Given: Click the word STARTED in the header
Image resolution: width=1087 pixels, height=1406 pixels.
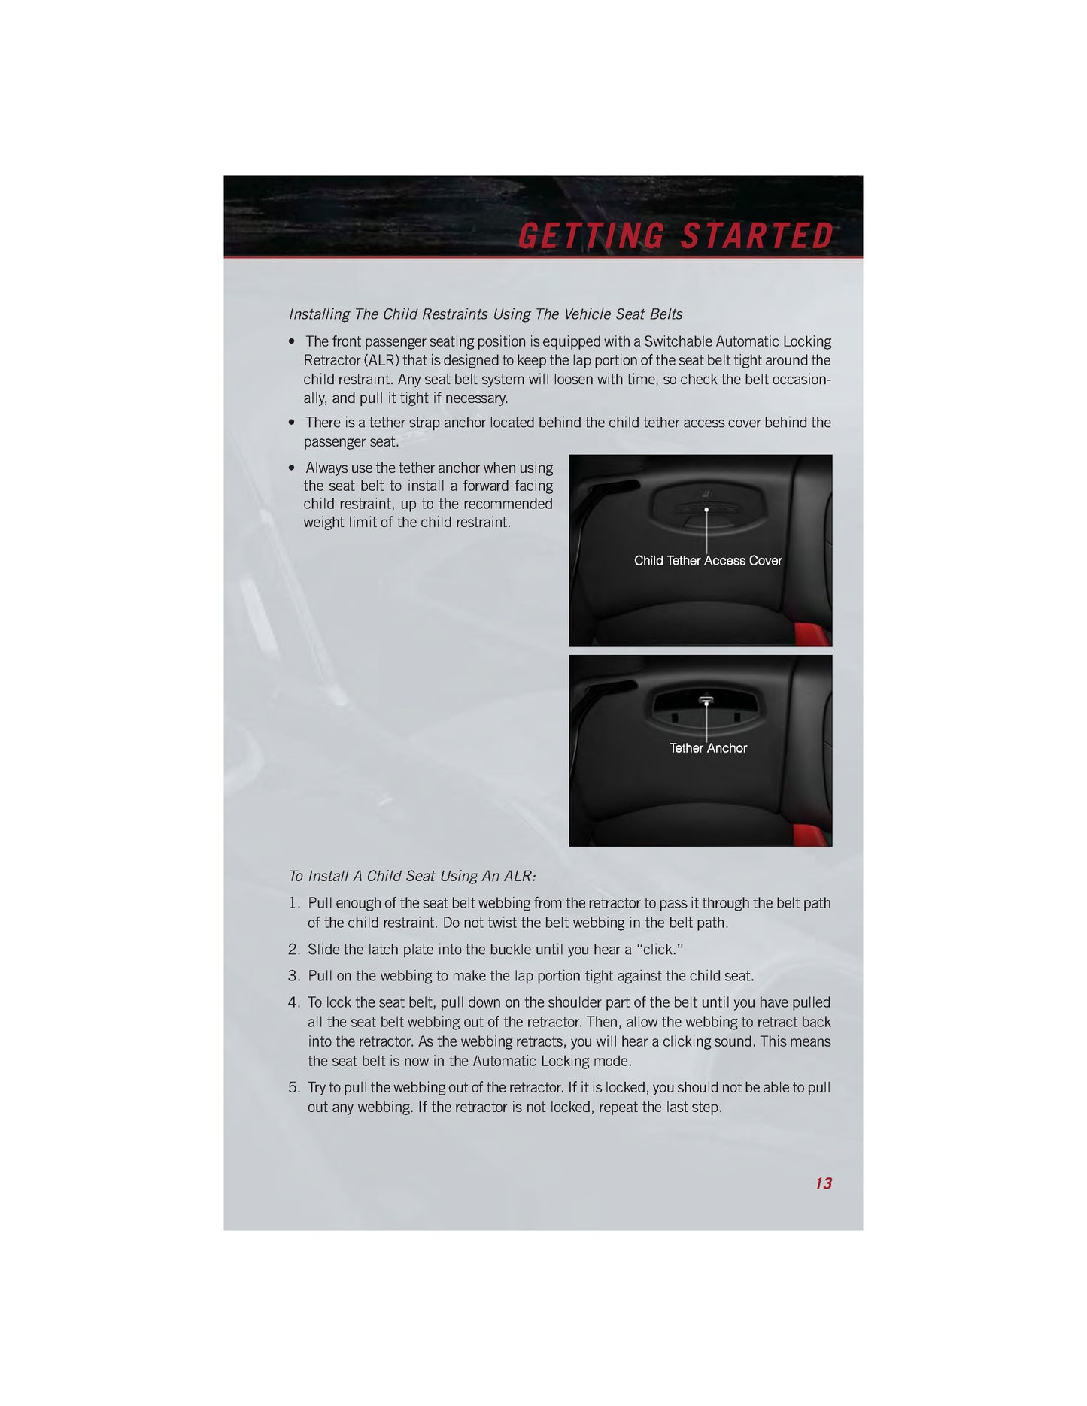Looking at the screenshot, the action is pos(757,236).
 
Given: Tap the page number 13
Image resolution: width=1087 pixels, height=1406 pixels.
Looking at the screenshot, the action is pos(824,1183).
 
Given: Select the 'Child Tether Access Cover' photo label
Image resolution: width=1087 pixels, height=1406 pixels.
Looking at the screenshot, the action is pos(708,561).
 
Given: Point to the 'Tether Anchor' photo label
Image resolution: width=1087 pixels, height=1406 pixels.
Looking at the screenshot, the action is pos(708,748).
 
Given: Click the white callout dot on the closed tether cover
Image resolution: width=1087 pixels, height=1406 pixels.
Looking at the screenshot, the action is pos(706,510).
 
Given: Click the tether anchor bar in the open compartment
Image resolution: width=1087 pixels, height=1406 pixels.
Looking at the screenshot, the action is pos(706,699).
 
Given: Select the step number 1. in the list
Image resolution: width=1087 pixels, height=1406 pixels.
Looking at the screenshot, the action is pos(295,903).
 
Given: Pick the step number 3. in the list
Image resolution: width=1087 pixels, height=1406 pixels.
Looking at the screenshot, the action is pos(295,976).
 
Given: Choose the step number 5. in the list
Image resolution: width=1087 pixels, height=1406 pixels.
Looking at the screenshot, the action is pos(295,1088).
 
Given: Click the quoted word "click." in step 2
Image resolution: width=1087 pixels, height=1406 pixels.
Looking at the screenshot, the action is pos(660,950).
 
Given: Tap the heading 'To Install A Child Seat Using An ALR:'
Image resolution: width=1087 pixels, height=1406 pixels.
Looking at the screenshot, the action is pos(412,876).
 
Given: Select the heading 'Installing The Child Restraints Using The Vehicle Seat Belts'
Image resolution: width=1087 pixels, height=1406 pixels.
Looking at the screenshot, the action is pos(486,314).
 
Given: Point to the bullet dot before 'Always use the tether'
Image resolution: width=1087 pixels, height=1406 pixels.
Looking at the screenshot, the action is pos(292,468).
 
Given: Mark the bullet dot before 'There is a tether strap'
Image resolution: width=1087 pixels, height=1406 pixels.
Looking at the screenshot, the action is pos(292,423).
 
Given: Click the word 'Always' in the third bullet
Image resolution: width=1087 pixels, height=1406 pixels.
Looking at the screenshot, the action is pos(326,468).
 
